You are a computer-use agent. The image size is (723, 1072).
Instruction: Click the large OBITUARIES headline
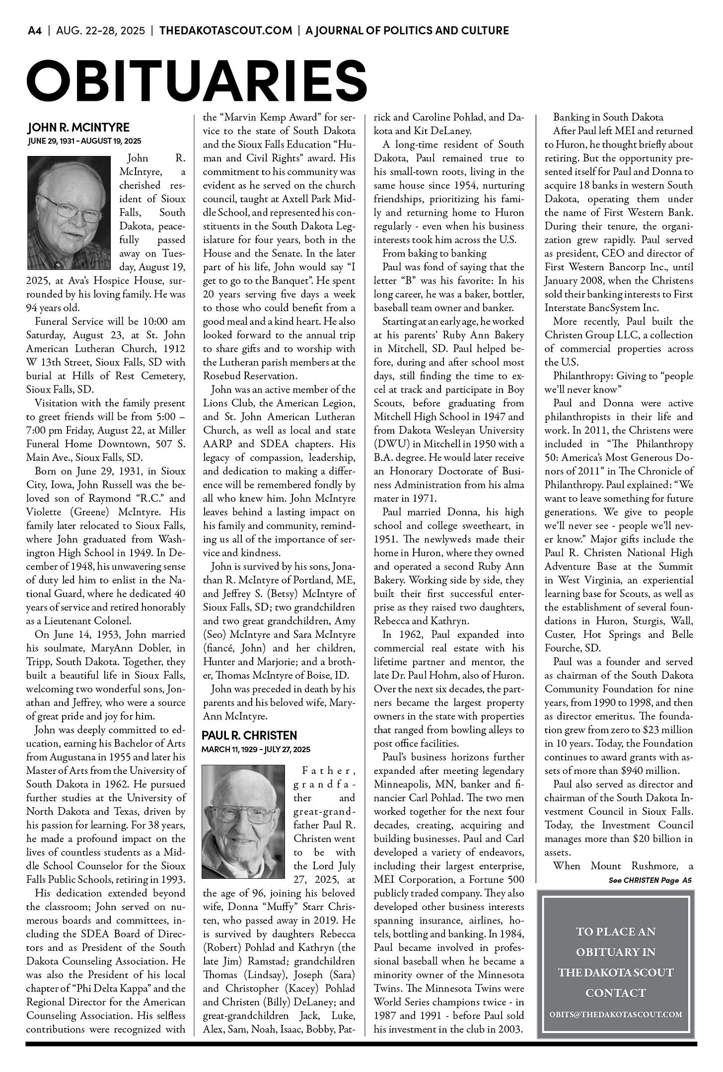[197, 79]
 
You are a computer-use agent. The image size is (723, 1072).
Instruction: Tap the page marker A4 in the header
[34, 31]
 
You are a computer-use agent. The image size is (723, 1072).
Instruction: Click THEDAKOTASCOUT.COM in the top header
[225, 31]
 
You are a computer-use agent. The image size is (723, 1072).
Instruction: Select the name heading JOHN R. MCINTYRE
[78, 128]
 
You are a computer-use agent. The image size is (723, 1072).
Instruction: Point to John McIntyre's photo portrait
[69, 213]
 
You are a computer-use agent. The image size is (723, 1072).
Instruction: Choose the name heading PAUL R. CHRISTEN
[249, 735]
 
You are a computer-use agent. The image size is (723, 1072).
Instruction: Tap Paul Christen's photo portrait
[243, 821]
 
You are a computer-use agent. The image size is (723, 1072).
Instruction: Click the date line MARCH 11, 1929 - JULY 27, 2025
[256, 749]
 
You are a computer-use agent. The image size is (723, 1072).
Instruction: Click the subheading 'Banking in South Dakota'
[608, 118]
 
